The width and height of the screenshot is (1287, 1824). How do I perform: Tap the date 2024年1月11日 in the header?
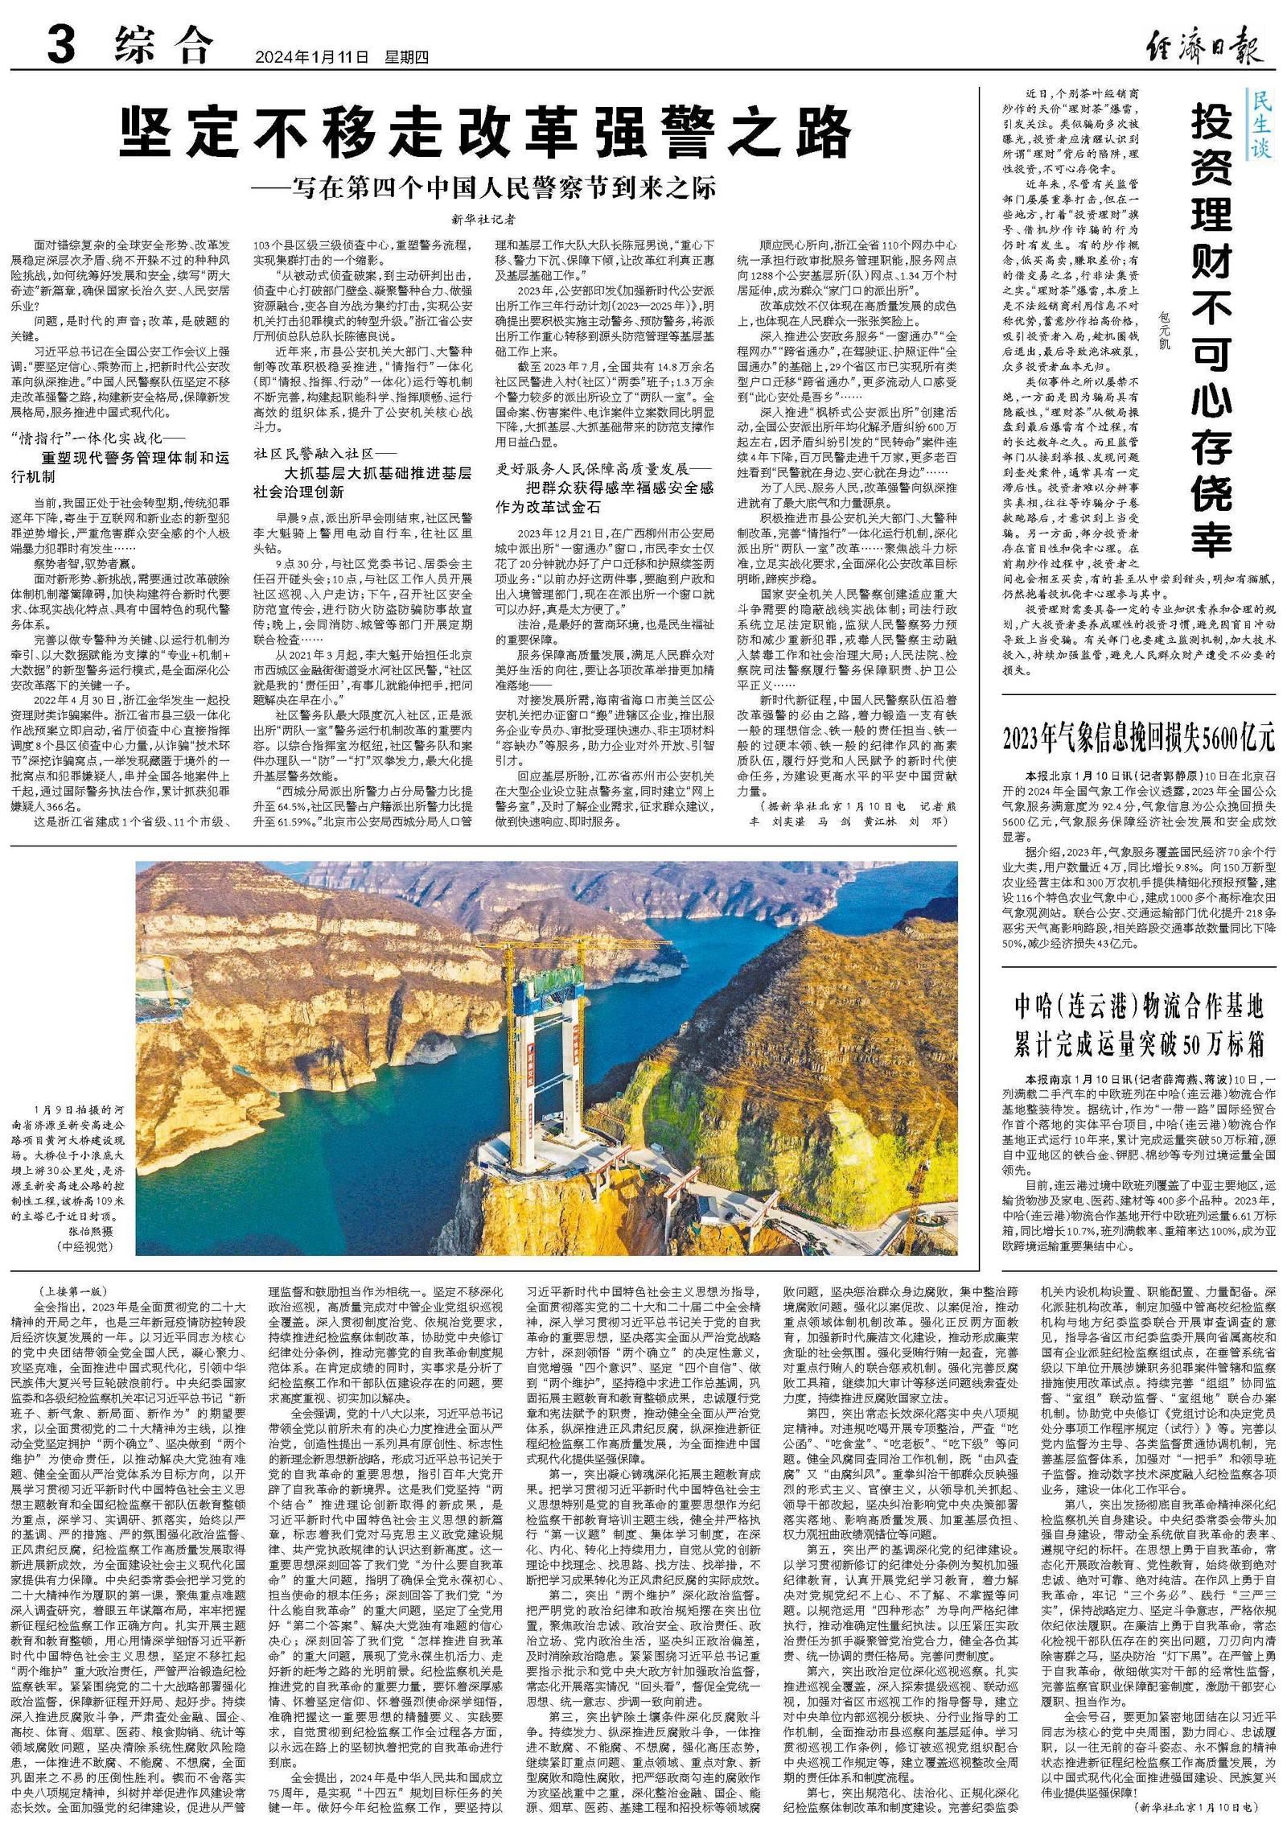tap(311, 57)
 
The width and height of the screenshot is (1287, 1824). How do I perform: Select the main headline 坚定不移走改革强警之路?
tap(486, 133)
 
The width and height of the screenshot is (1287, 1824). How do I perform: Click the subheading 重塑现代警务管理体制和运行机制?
tap(121, 467)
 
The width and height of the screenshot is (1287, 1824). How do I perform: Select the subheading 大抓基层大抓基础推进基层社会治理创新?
tap(362, 482)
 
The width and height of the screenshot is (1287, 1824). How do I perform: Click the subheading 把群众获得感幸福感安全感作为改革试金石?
tap(605, 496)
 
